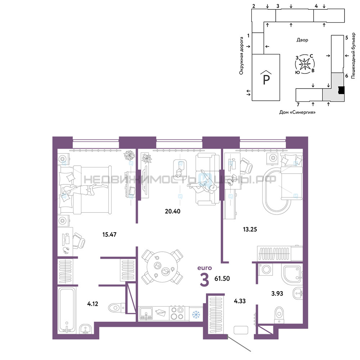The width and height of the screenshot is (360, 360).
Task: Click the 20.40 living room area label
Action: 172,211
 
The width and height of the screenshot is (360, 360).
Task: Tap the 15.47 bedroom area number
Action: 109,234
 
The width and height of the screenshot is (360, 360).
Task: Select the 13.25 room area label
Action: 250,229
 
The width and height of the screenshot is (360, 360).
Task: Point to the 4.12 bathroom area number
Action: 93,304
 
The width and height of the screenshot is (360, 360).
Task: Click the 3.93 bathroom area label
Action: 277,293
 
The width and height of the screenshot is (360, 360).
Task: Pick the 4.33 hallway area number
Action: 240,301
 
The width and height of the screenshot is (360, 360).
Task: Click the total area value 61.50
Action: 222,279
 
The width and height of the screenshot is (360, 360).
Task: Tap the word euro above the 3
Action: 204,268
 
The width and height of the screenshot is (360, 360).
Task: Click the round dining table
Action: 162,267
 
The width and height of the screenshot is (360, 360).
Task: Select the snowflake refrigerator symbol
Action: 196,314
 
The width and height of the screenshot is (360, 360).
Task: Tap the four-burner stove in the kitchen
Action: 177,313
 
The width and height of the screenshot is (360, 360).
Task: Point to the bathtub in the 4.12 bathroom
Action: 67,310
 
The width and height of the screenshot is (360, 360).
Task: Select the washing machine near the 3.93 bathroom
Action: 266,269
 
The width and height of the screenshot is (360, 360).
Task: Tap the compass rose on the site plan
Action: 305,64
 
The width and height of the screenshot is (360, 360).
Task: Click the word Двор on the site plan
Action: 302,40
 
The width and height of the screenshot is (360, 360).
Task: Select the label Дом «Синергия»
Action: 297,112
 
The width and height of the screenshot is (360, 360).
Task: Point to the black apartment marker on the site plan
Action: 341,90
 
